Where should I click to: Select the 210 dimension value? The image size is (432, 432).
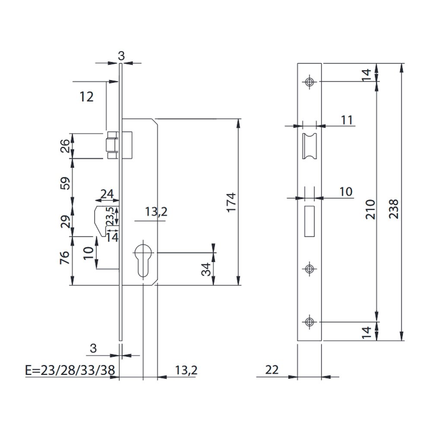[371, 210]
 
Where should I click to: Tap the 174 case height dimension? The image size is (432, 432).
[231, 202]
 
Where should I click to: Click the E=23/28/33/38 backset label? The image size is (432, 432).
[70, 370]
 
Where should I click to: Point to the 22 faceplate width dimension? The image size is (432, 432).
[272, 370]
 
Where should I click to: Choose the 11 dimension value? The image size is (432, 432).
[347, 120]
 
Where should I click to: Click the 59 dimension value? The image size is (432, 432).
[65, 183]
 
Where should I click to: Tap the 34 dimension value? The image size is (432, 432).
[206, 269]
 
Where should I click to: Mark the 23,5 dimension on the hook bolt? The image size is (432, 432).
[110, 216]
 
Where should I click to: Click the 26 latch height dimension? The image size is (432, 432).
[65, 146]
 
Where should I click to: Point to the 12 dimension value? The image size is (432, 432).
[86, 97]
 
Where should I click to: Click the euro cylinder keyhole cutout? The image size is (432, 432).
[143, 259]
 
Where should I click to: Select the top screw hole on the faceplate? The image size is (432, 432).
[309, 82]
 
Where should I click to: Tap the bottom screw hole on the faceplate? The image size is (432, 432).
[309, 321]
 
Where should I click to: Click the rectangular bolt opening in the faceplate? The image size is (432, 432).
[310, 221]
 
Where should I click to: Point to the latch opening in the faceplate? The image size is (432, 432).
[310, 146]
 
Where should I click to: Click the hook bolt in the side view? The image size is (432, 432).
[106, 220]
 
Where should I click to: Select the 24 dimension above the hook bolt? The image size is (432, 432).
[107, 194]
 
